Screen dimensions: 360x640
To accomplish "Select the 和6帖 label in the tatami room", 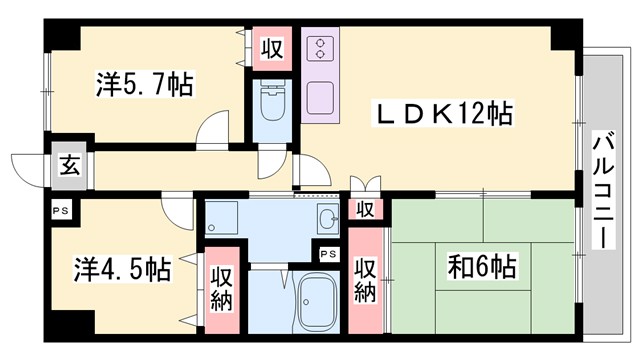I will [481, 268].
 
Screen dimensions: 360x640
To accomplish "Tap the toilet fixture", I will [269, 106].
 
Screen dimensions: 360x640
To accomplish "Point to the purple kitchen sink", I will [321, 98].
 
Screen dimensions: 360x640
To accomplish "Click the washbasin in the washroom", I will [326, 219].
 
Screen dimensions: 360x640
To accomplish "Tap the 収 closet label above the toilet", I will [270, 47].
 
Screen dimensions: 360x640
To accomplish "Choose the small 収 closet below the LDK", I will [366, 209].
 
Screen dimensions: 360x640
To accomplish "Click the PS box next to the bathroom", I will [328, 254].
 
